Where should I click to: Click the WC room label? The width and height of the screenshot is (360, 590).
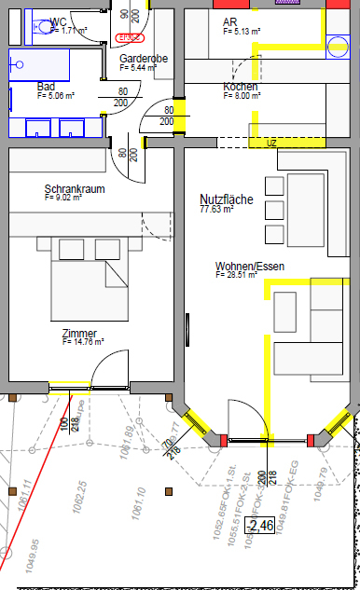(x=59, y=21)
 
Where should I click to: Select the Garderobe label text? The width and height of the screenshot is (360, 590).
(x=143, y=59)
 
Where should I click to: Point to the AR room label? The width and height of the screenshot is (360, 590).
(x=230, y=21)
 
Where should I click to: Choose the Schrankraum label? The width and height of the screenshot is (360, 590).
(x=75, y=189)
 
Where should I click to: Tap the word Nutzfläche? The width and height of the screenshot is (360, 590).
(x=227, y=199)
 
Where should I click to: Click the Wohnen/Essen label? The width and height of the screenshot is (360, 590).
(x=249, y=267)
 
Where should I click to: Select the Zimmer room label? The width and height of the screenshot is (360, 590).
(x=79, y=333)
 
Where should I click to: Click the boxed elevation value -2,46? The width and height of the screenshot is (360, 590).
(x=259, y=527)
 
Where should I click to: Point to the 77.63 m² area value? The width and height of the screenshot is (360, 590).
(x=216, y=210)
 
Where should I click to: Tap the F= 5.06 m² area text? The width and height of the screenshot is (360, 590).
(x=55, y=95)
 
